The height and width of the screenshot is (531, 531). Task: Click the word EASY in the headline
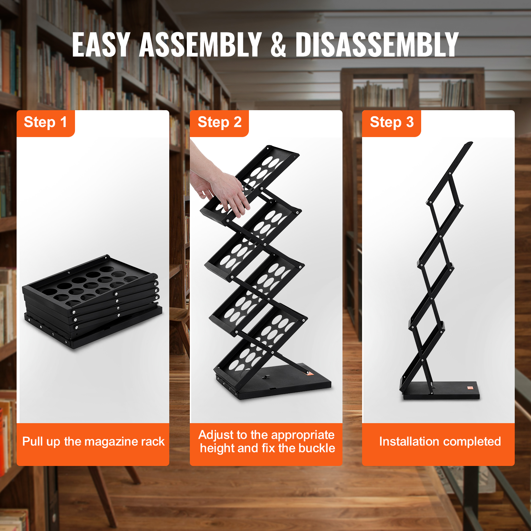(101, 45)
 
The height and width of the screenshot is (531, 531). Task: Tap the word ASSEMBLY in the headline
(200, 45)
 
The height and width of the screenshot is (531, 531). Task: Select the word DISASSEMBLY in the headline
(377, 45)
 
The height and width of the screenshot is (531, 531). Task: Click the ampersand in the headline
(278, 45)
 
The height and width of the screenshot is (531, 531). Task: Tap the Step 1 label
(45, 122)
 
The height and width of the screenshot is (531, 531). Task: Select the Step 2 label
(219, 122)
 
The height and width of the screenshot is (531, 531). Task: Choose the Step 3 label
(392, 122)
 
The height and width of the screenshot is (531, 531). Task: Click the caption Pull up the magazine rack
(93, 441)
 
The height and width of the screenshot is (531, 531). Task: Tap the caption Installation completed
(440, 441)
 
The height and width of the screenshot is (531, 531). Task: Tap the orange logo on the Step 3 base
(470, 388)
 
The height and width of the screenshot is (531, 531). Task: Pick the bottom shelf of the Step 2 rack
(261, 342)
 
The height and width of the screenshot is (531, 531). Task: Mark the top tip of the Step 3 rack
(471, 143)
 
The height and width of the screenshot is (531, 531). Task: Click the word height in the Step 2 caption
(217, 448)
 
